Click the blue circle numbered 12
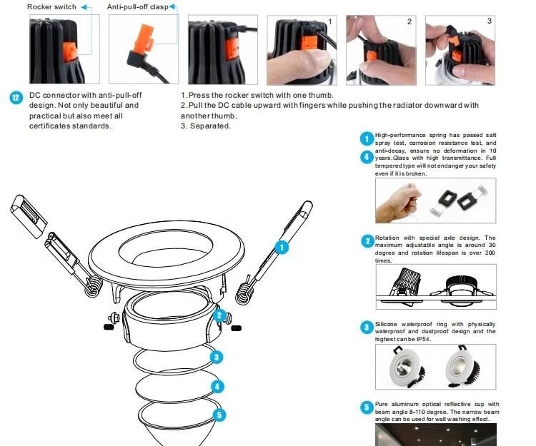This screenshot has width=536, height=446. [16, 98]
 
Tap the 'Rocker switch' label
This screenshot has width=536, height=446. [51, 7]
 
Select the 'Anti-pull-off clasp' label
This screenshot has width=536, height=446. [137, 7]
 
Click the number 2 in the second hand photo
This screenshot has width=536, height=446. [410, 21]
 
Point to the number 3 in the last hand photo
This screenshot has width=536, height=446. [489, 21]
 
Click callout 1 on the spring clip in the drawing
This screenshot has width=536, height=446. [282, 248]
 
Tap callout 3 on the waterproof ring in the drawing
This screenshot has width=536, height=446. [217, 358]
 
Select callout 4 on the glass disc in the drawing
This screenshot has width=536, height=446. [217, 387]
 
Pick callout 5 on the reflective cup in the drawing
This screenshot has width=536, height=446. [219, 415]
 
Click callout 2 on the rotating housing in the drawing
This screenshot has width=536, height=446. [219, 315]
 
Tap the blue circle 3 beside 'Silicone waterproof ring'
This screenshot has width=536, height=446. [367, 328]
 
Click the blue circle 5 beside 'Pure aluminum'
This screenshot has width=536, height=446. [367, 407]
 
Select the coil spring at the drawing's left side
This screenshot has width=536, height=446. [93, 286]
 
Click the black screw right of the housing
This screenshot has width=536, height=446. [237, 328]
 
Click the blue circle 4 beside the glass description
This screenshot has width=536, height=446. [367, 157]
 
